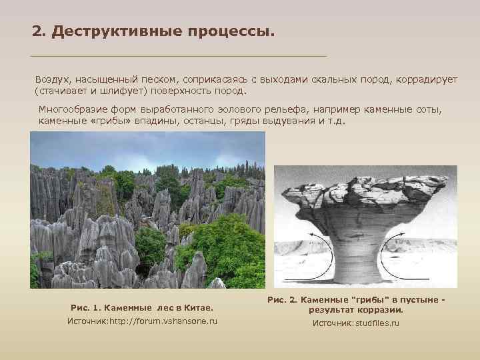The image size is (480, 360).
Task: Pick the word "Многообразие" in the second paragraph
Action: tap(68, 110)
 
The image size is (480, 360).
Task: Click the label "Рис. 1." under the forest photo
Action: tap(87, 308)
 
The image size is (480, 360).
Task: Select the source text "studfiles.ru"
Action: tap(377, 323)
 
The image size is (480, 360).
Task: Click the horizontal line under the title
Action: tap(179, 55)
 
